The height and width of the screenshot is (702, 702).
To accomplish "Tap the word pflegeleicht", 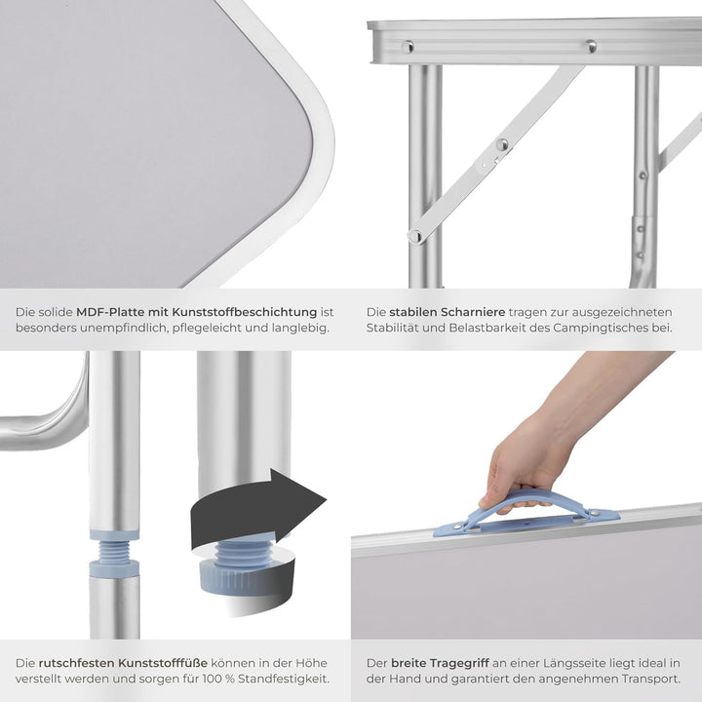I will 197,329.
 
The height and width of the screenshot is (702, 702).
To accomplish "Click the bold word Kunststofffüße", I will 174,660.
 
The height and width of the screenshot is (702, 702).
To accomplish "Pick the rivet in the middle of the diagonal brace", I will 502,144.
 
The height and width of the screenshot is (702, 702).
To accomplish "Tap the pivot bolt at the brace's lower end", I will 415,236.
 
